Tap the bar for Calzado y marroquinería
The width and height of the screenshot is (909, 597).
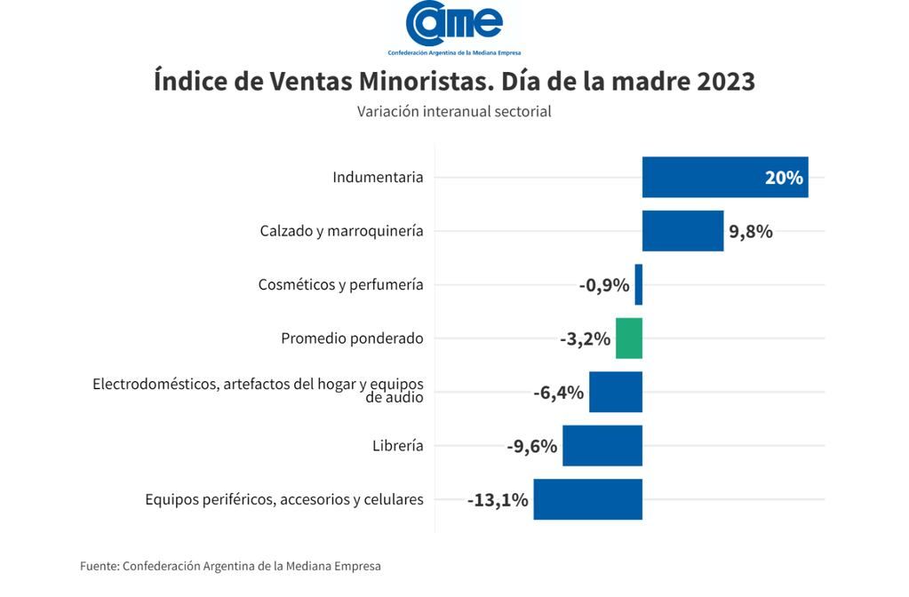coord(682,231)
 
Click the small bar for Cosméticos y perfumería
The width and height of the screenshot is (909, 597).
coord(638,285)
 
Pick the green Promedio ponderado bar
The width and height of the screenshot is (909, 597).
coord(628,338)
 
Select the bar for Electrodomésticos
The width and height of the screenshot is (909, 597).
coord(615,392)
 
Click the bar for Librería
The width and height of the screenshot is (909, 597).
coord(602,446)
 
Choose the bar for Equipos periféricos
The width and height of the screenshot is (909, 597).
coord(587,499)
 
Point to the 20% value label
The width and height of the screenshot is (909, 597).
coord(784,178)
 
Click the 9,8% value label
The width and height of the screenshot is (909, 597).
coord(751,232)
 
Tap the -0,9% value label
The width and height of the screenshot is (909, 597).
coord(604,285)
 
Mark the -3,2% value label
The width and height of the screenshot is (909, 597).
coord(585,338)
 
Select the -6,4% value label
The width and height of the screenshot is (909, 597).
coord(558,392)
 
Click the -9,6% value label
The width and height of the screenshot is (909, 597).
coord(531,446)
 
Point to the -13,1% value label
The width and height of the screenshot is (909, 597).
coord(498,500)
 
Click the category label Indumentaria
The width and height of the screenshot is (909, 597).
coord(378,178)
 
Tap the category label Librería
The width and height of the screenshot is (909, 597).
coord(397,446)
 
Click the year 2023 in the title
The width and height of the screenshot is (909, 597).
coord(726,81)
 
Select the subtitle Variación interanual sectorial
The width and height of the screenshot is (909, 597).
coord(454,112)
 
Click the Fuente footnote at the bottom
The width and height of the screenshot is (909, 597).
coord(230,566)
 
